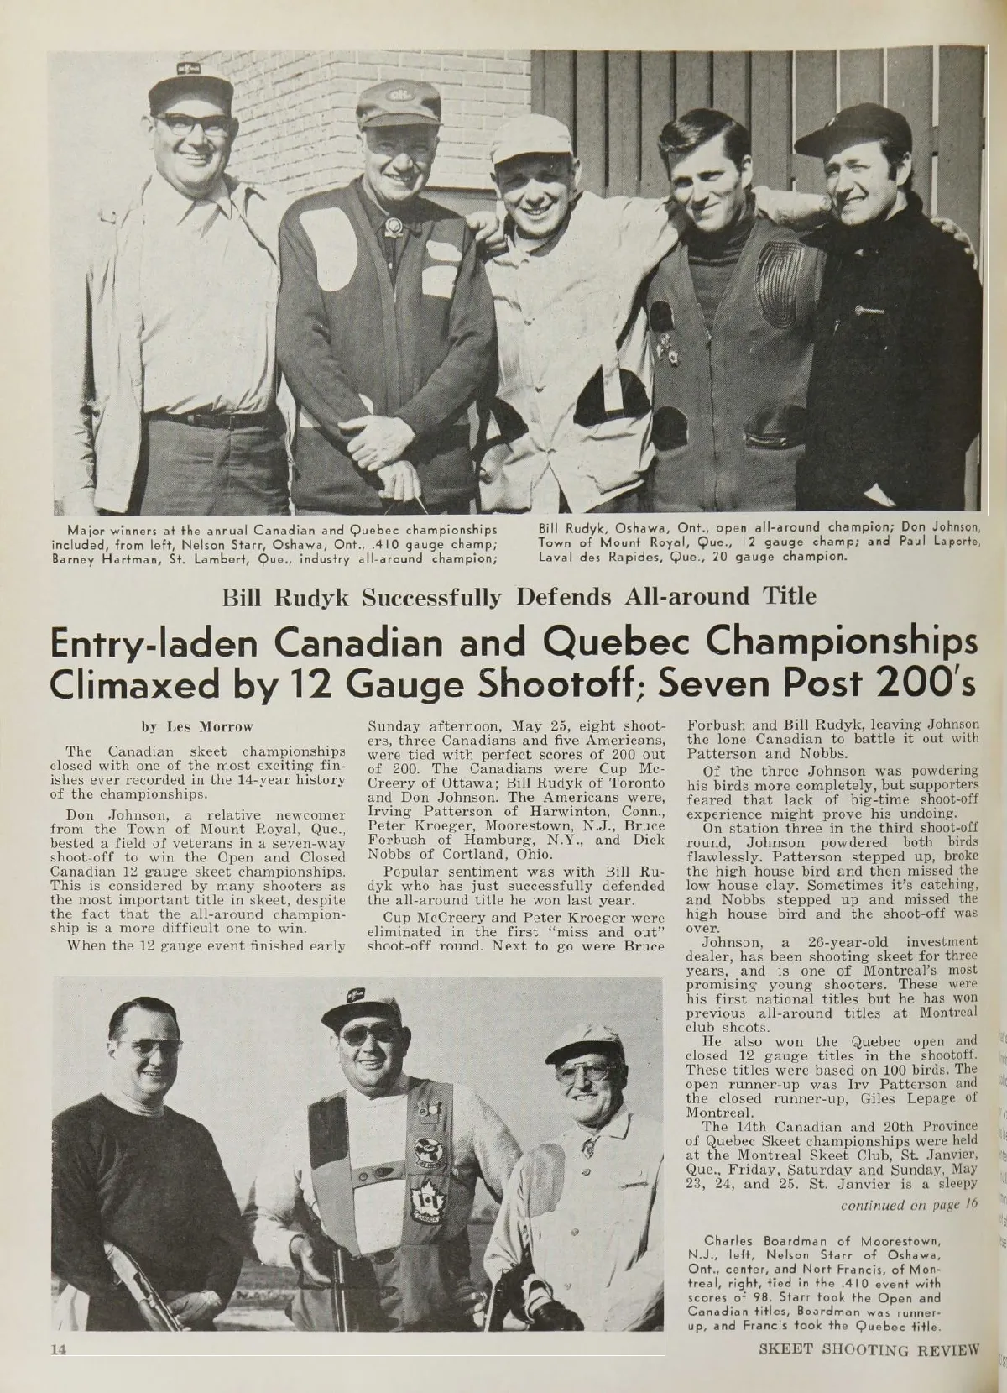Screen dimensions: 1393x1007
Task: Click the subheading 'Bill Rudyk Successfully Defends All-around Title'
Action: click(518, 597)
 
